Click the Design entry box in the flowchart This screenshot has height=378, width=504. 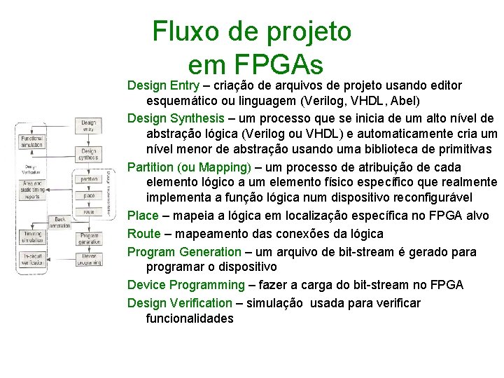click(x=89, y=126)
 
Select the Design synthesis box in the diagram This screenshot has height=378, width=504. click(x=89, y=153)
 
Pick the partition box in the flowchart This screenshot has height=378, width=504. click(x=89, y=179)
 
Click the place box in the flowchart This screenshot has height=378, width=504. click(x=89, y=195)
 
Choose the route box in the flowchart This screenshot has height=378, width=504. click(x=89, y=211)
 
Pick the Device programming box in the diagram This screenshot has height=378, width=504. click(x=89, y=260)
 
